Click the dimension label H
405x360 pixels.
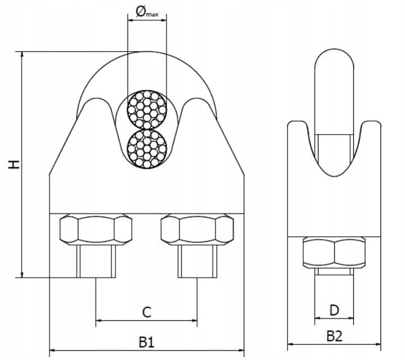pyautogui.click(x=14, y=164)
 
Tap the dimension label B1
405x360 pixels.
pyautogui.click(x=146, y=343)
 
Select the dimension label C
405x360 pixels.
pyautogui.click(x=147, y=312)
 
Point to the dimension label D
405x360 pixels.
pyautogui.click(x=334, y=310)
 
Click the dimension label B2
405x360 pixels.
pyautogui.click(x=334, y=336)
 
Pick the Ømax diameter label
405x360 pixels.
pyautogui.click(x=147, y=12)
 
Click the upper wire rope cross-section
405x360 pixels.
pyautogui.click(x=147, y=110)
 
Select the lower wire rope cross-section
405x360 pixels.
pyautogui.click(x=147, y=148)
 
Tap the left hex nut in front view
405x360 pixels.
pyautogui.click(x=96, y=229)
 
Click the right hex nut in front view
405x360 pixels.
pyautogui.click(x=197, y=229)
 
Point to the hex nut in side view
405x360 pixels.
pyautogui.click(x=334, y=253)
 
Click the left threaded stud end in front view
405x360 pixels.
pyautogui.click(x=96, y=262)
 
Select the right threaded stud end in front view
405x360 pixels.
pyautogui.click(x=197, y=262)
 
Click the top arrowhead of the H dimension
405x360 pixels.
pyautogui.click(x=22, y=54)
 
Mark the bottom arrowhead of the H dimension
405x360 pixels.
pyautogui.click(x=22, y=275)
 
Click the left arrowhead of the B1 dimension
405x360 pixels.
pyautogui.click(x=52, y=350)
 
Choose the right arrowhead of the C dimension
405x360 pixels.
pyautogui.click(x=194, y=321)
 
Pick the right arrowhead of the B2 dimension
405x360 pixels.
pyautogui.click(x=378, y=344)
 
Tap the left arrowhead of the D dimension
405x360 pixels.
pyautogui.click(x=318, y=318)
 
